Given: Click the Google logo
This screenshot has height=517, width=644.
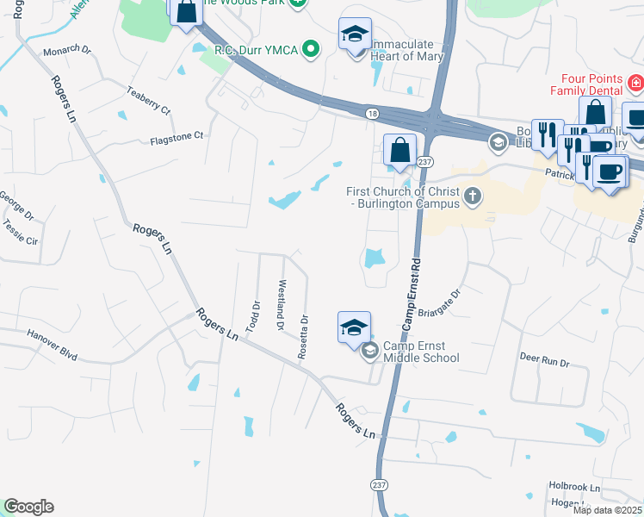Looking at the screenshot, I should tap(28, 507).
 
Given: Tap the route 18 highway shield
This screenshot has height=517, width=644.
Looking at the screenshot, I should tap(371, 113).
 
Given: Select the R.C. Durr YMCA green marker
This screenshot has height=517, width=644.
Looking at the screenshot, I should tap(310, 50).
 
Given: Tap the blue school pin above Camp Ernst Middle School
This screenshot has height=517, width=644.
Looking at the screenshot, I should tap(354, 328).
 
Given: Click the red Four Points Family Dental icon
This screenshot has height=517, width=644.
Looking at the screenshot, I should tap(635, 84).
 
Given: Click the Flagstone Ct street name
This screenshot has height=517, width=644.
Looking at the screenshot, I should tap(176, 136).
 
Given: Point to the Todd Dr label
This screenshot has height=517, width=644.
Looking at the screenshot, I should tap(254, 316).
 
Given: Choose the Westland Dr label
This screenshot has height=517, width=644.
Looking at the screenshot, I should tap(280, 305).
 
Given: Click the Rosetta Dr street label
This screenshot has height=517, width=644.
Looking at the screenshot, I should tap(303, 337).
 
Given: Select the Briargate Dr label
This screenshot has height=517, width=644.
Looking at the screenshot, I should tap(445, 303).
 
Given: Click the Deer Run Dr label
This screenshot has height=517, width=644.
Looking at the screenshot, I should tap(544, 363).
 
